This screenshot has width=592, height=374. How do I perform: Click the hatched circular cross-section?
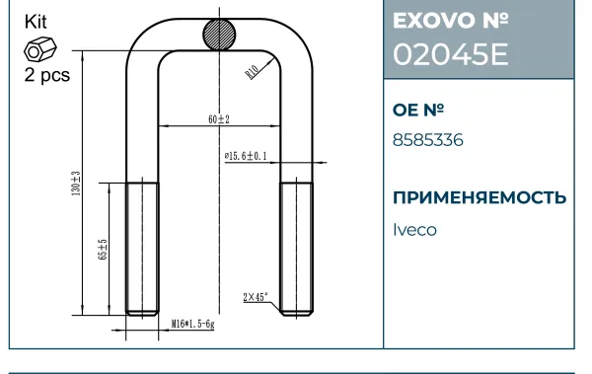coord(219,35)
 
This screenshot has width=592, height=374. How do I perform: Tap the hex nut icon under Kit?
coord(40,49)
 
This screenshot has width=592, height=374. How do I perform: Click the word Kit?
coord(36,22)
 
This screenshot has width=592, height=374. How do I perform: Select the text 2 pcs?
coord(47,75)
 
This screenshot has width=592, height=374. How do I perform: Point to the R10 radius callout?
coord(252,72)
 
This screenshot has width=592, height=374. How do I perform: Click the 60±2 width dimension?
coord(219,119)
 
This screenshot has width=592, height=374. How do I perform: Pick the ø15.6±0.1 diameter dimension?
coord(246,156)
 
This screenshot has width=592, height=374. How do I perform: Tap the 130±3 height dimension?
coord(76,184)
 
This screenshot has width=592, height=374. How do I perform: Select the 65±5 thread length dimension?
coord(103,250)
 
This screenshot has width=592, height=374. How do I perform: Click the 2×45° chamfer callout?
coord(256,297)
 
